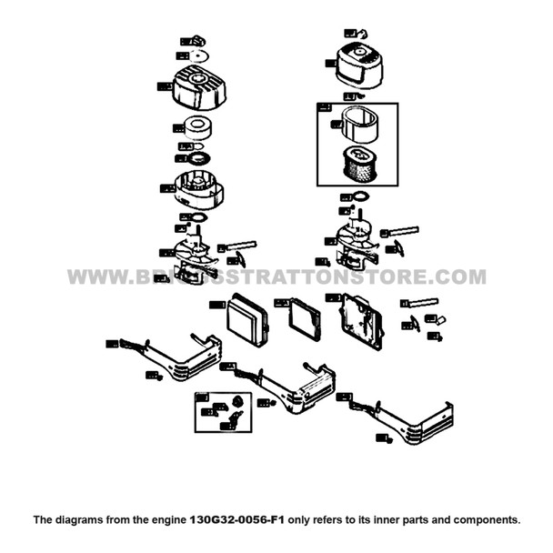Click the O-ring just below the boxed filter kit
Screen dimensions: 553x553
(361, 196)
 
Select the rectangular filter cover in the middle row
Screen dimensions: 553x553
(247, 319)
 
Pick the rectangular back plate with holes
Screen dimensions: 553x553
(361, 321)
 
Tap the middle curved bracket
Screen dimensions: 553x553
(290, 385)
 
